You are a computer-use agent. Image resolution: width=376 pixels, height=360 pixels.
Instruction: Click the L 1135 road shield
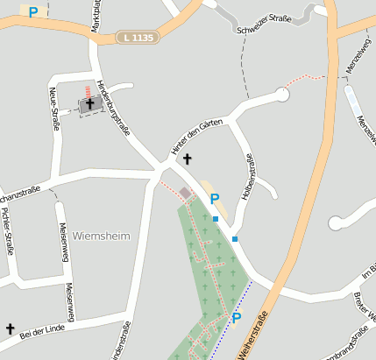click(138, 38)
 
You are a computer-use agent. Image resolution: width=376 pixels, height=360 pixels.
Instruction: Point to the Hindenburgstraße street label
click(114, 108)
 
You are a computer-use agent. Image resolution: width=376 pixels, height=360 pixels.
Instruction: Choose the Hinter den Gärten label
click(196, 138)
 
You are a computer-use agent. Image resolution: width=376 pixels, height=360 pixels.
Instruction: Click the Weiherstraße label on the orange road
click(254, 333)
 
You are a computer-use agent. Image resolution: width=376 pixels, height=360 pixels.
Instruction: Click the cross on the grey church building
click(89, 104)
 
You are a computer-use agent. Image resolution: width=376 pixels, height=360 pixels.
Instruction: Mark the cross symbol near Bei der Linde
click(11, 328)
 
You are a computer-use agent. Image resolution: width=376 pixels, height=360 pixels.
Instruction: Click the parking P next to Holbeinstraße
click(214, 199)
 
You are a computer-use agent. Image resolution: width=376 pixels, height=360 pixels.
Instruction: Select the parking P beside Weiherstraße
click(236, 317)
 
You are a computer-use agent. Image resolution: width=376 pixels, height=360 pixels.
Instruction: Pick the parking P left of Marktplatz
click(33, 12)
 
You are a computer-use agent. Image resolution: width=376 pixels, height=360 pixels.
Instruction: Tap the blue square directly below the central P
click(215, 218)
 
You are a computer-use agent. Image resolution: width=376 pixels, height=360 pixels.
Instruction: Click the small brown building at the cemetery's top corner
click(185, 192)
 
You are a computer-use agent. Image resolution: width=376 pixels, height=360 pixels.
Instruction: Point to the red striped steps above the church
click(88, 90)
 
